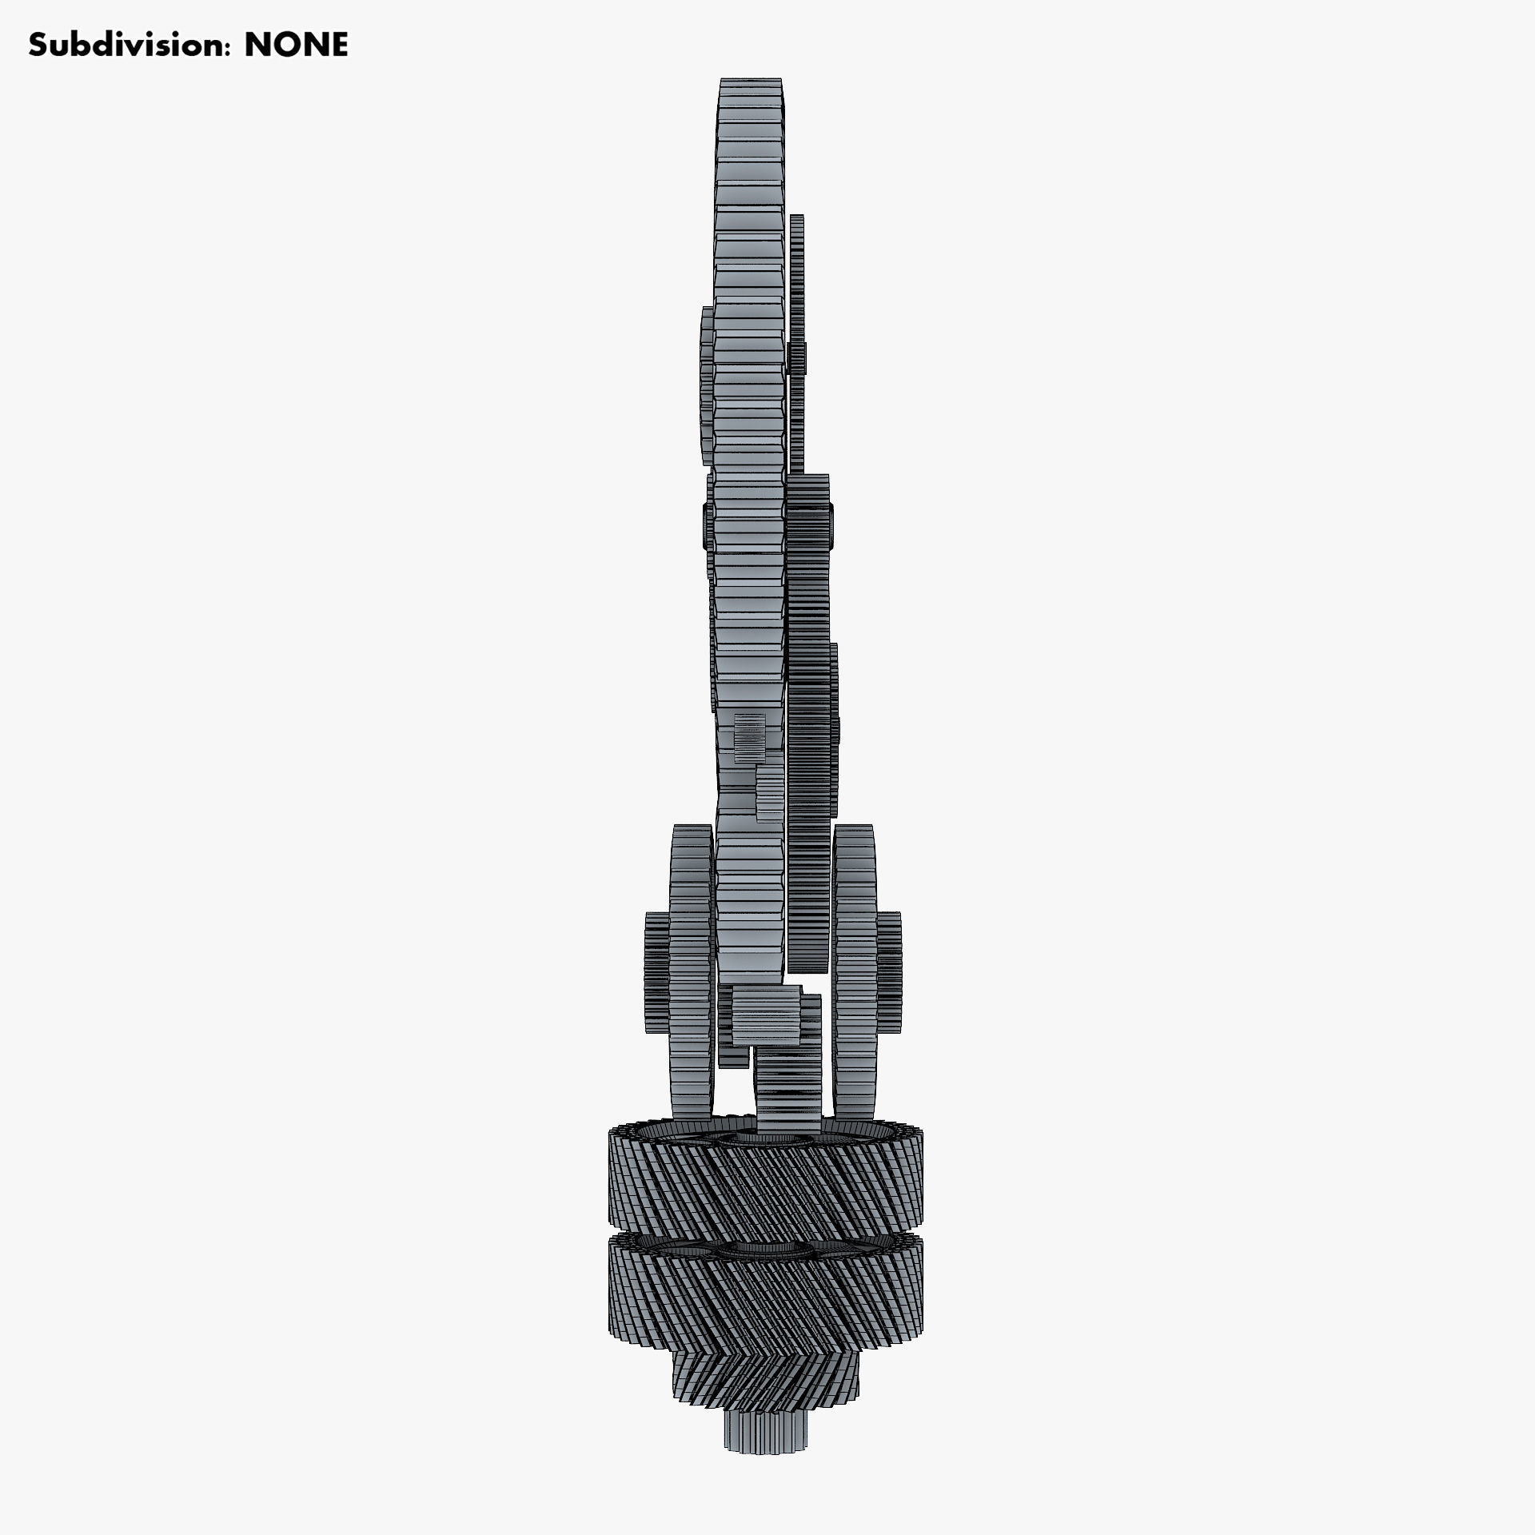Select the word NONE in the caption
click(296, 46)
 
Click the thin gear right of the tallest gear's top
click(796, 280)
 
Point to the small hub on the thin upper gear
click(797, 357)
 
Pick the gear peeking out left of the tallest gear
click(706, 384)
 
